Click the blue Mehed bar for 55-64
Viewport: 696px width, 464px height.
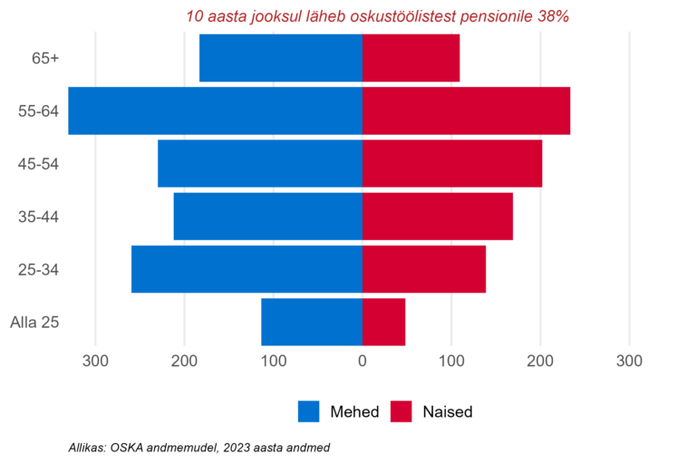point(216,111)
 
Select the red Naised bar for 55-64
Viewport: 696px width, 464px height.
point(466,111)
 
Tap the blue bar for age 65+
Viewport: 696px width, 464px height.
point(281,58)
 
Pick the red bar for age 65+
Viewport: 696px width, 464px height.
point(411,58)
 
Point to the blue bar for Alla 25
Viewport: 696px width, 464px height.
point(312,322)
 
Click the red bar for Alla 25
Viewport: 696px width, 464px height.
point(383,322)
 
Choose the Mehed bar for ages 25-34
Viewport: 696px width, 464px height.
point(246,269)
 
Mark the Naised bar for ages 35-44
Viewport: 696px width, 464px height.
point(438,217)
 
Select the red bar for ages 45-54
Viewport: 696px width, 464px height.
point(452,163)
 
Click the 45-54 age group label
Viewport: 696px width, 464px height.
point(38,164)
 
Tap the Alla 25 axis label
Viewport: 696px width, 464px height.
point(34,322)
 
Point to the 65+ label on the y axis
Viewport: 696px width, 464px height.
point(45,58)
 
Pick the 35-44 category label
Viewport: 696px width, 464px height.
point(38,217)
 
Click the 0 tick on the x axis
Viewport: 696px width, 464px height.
point(362,362)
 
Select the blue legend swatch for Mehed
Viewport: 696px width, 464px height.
point(309,411)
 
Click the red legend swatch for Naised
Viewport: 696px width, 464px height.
point(401,411)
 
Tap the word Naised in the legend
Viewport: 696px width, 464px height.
point(447,411)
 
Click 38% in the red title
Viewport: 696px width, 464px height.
point(553,16)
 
